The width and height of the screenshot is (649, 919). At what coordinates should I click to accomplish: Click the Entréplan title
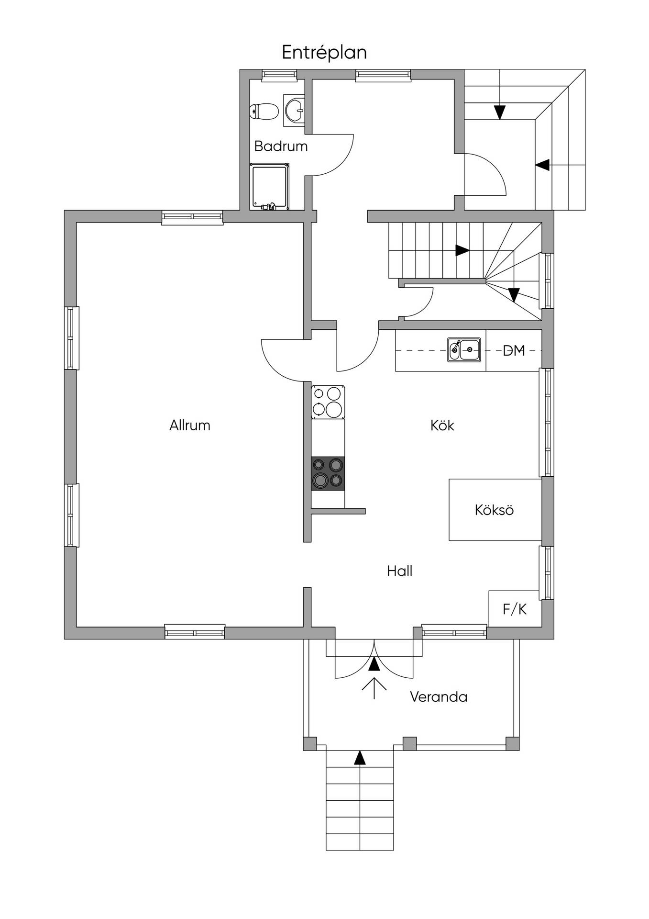click(324, 53)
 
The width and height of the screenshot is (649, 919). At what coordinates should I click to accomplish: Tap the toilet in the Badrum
click(264, 112)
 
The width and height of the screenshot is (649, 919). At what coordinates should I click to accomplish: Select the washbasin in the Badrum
click(294, 110)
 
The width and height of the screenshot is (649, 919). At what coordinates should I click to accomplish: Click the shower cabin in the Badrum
click(269, 187)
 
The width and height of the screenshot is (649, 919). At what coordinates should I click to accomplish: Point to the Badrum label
click(281, 146)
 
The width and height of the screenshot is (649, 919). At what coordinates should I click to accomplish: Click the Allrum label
click(190, 425)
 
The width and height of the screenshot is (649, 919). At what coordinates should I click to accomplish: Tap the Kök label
click(442, 425)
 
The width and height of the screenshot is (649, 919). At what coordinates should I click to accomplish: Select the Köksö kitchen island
click(495, 510)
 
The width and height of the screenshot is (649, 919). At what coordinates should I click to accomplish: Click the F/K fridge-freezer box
click(515, 608)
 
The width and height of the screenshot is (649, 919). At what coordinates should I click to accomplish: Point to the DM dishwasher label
click(514, 351)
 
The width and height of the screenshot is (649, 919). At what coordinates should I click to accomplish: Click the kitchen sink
click(464, 350)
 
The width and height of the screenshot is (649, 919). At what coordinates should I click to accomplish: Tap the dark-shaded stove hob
click(328, 473)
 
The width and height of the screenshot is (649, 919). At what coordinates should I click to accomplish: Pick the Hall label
click(400, 571)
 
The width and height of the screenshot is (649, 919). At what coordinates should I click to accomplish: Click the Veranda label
click(439, 696)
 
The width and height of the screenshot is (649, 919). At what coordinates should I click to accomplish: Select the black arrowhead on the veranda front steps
click(360, 757)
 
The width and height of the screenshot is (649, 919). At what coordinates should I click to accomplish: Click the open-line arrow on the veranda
click(374, 688)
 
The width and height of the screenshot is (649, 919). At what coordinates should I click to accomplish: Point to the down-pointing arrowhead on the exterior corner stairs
click(500, 112)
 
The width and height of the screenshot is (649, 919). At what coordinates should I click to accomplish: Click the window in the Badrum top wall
click(279, 74)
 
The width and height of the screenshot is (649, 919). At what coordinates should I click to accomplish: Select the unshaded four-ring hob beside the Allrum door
click(328, 402)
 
